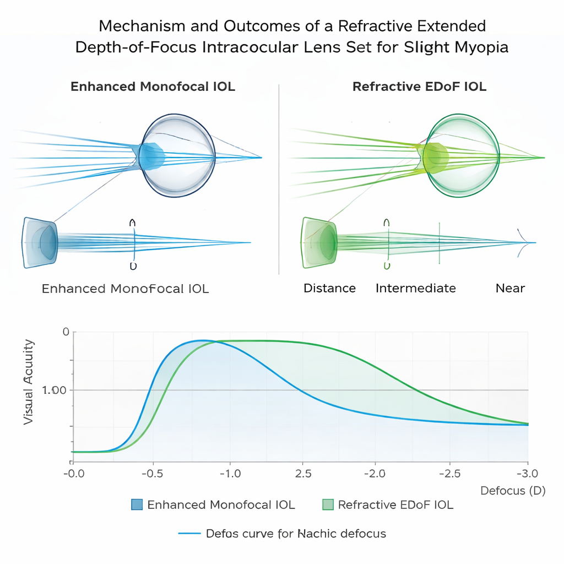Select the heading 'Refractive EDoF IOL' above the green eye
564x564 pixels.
click(x=419, y=86)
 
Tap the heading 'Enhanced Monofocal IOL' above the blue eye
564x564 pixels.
click(x=153, y=86)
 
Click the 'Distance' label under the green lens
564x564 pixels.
click(x=329, y=288)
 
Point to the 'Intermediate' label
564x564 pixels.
click(x=415, y=288)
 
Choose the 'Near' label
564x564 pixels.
click(x=510, y=288)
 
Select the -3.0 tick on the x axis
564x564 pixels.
click(x=527, y=474)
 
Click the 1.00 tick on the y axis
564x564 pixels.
click(x=54, y=390)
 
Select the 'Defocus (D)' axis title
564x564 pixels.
click(x=512, y=491)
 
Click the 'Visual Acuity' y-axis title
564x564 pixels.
click(x=29, y=382)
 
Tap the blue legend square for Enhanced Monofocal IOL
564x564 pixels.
click(x=137, y=505)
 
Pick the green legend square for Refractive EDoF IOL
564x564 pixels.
click(x=328, y=505)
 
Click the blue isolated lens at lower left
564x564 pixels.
click(x=40, y=242)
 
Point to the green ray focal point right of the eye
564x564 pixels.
click(x=544, y=158)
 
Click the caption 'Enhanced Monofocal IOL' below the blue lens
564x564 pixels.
click(x=125, y=289)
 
